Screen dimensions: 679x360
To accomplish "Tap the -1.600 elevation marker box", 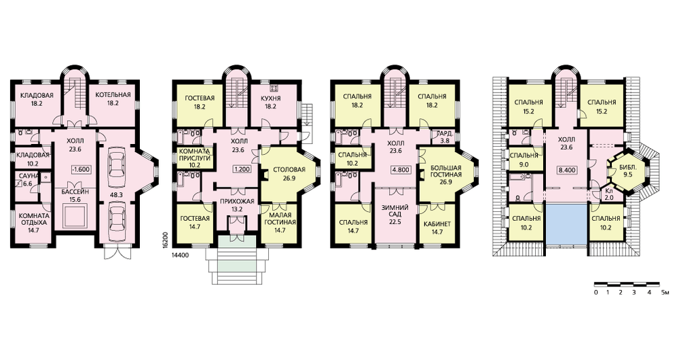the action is [x=81, y=169].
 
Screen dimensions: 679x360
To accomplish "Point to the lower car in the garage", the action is [x=117, y=219].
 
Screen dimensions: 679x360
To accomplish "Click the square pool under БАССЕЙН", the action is [x=76, y=217].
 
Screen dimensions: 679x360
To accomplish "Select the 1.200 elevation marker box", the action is [x=241, y=169].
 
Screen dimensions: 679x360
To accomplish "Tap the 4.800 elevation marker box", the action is [x=401, y=169].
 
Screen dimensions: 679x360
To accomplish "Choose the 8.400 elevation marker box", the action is [x=567, y=170].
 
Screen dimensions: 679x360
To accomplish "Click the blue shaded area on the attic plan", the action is [x=566, y=224].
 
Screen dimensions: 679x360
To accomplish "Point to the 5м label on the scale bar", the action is [x=665, y=293].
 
